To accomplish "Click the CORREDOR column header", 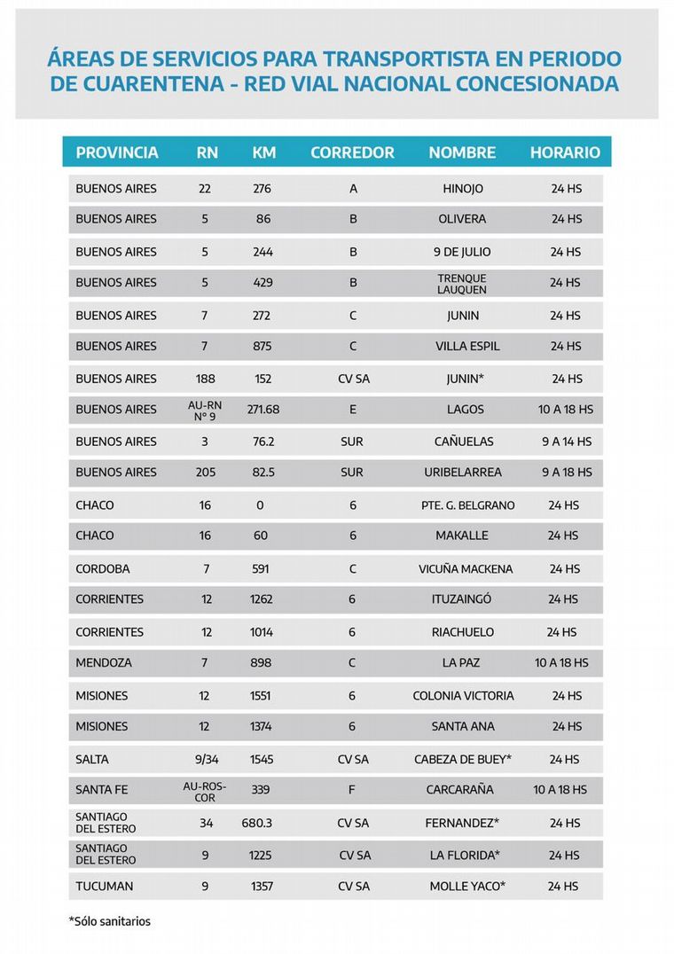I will (352, 152).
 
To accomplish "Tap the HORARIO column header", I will (565, 152).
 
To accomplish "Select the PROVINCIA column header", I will (117, 152).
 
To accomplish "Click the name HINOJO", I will (463, 189).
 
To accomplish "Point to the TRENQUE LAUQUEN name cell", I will (462, 283).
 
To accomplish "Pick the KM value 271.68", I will (263, 410).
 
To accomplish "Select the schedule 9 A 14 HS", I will (567, 442).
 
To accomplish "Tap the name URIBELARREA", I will (463, 473).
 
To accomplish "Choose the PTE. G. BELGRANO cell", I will (468, 505).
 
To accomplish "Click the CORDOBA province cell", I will (103, 569).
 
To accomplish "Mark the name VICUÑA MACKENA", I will (466, 569).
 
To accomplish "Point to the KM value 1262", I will (262, 599).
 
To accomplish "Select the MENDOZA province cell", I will (103, 663).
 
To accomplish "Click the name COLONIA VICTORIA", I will (463, 696).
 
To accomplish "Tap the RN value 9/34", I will (206, 760).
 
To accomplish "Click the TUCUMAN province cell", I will (105, 887).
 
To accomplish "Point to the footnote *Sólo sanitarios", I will (110, 921).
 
